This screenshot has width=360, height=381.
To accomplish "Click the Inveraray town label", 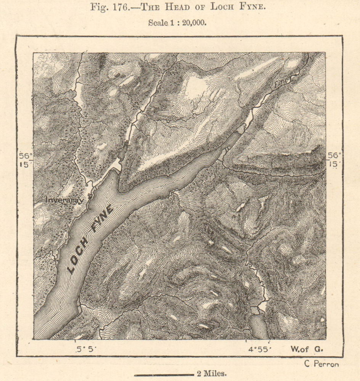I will tap(64, 200).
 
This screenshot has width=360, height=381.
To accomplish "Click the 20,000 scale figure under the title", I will tap(193, 22).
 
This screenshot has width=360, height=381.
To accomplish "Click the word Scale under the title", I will tap(157, 22).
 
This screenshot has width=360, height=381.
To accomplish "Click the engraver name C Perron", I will tap(321, 364).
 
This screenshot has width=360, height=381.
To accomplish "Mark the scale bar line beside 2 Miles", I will tap(164, 375).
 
